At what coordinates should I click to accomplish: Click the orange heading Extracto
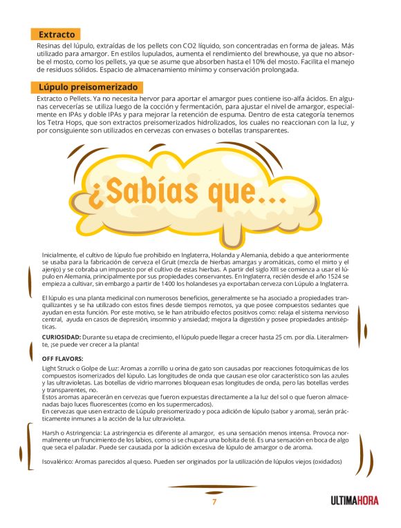pos(56,34)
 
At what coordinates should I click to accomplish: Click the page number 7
pos(214,502)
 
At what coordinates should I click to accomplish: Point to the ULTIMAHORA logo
pos(354,501)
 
